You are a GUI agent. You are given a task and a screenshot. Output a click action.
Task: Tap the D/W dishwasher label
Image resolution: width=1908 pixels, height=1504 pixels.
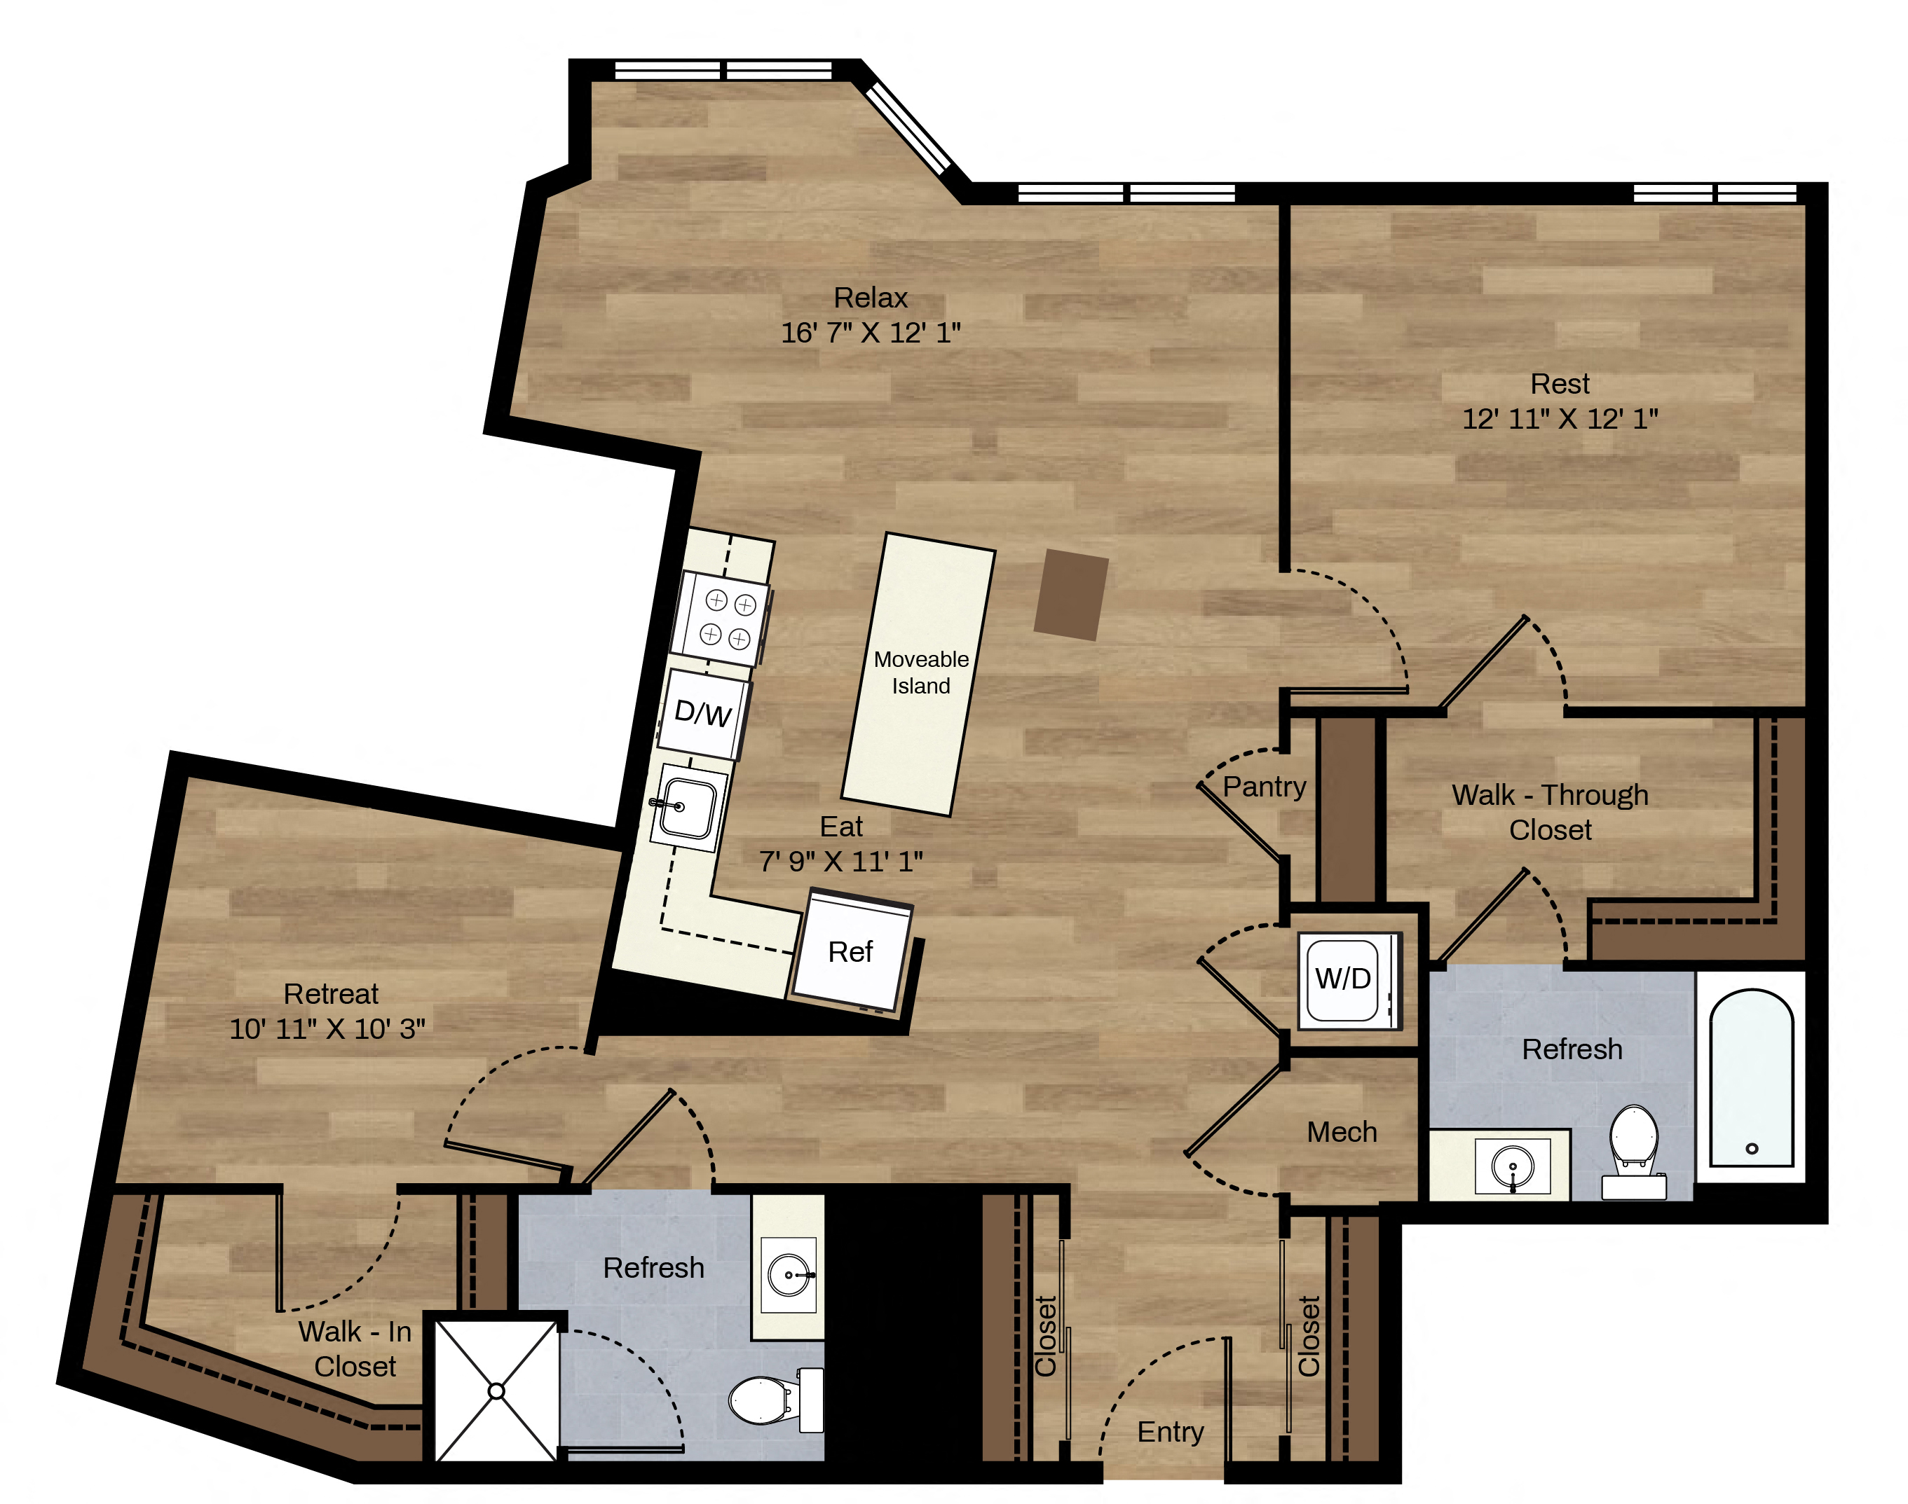(x=703, y=713)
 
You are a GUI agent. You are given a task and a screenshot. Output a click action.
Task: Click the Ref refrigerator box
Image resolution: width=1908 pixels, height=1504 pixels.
(x=851, y=951)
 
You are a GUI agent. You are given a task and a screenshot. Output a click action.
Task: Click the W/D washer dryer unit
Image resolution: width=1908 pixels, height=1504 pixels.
(x=1348, y=980)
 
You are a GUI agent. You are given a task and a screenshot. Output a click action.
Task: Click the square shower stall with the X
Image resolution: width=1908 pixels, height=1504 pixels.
(x=496, y=1391)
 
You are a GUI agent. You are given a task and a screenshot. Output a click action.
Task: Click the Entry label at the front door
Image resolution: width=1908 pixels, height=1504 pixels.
(x=1170, y=1431)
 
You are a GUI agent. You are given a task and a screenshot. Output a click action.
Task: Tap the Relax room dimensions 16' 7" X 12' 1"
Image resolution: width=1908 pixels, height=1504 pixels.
(x=871, y=333)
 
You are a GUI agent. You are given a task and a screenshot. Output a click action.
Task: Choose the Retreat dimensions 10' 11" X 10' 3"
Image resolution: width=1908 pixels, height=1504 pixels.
(x=327, y=1028)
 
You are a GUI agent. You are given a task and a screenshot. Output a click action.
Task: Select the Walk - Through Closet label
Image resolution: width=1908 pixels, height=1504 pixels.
(x=1551, y=812)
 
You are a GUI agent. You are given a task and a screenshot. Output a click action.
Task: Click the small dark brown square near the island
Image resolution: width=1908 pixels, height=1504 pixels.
(x=1070, y=595)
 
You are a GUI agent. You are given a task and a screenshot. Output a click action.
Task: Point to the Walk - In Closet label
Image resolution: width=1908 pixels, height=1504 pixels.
(x=355, y=1348)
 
